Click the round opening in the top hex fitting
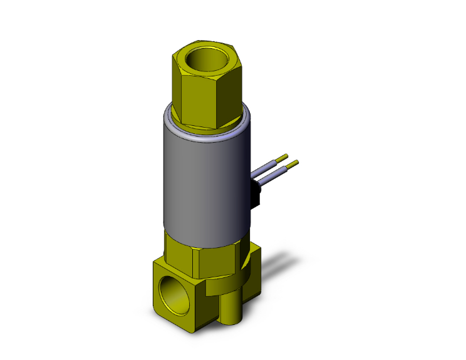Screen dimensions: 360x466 pos(205,61)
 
